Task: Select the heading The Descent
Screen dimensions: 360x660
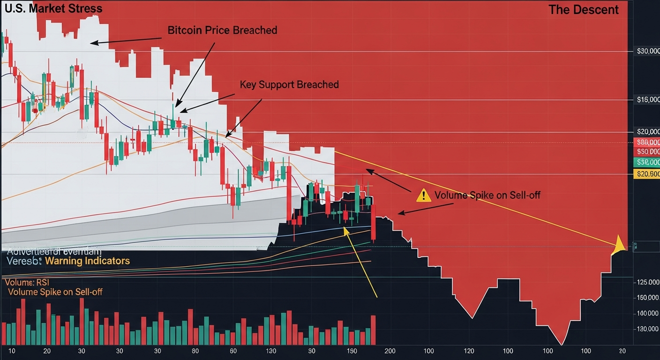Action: click(x=584, y=9)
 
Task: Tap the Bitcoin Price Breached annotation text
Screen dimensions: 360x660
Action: click(x=222, y=30)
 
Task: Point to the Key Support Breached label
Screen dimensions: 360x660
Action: click(x=289, y=85)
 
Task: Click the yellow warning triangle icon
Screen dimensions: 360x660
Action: click(x=423, y=195)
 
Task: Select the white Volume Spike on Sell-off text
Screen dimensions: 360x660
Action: click(x=487, y=195)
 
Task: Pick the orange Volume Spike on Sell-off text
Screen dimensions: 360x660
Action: click(x=55, y=292)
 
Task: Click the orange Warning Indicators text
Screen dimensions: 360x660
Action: click(x=87, y=261)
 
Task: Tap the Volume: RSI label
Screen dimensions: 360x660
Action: click(x=27, y=283)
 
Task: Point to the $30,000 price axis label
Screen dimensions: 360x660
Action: click(x=648, y=52)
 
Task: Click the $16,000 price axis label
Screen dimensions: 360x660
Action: click(x=648, y=99)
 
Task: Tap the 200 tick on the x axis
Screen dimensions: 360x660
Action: click(x=390, y=351)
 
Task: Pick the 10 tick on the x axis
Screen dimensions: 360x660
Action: click(x=12, y=351)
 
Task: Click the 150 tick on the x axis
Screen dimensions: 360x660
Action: click(x=352, y=351)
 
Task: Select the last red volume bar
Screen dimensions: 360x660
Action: click(x=373, y=330)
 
